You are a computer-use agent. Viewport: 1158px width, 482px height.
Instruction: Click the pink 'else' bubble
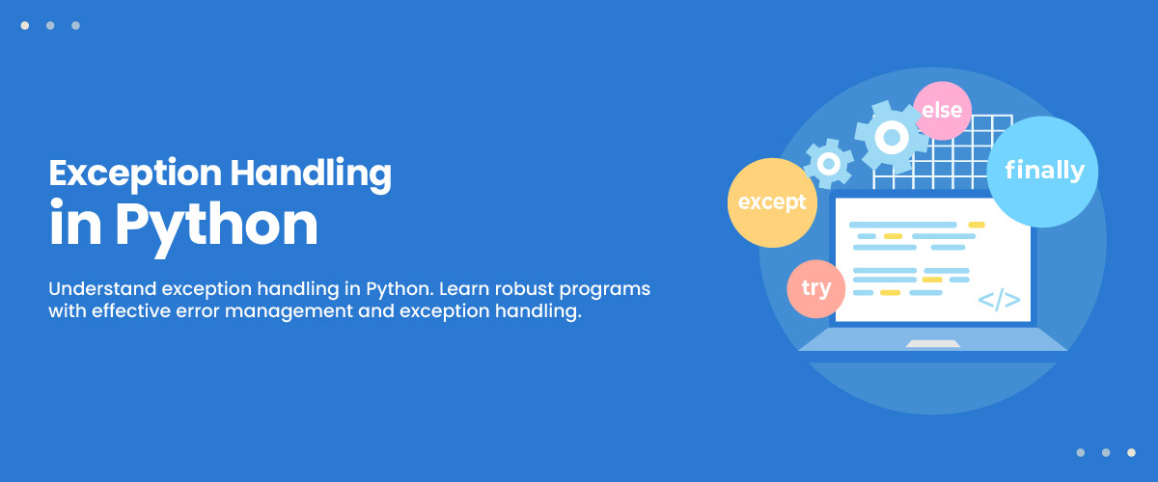(942, 111)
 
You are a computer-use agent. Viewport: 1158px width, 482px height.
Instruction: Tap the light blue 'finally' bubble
(1042, 172)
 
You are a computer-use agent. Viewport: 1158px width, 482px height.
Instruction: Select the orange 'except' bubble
(772, 202)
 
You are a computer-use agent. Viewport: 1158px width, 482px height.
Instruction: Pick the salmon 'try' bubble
(816, 289)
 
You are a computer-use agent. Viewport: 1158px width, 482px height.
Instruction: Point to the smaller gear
(829, 164)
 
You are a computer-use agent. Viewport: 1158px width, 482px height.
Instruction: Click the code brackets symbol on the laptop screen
(999, 300)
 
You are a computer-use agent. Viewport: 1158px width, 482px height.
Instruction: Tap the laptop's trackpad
(932, 343)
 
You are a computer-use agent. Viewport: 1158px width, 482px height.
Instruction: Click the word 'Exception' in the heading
(135, 174)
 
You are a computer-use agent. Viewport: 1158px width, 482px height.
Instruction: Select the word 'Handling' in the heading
(311, 174)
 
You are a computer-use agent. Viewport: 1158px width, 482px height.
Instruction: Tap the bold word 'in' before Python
(75, 222)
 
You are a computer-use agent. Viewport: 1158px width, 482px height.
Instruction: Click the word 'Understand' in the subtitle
(102, 288)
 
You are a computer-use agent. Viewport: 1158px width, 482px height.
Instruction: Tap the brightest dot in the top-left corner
(25, 25)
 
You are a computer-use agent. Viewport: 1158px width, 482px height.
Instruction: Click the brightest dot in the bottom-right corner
(1131, 452)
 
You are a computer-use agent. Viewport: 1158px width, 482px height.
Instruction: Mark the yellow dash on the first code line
(977, 225)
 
